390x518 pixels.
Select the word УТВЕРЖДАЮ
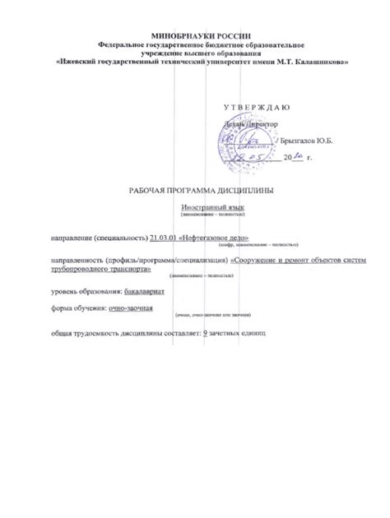pos(256,109)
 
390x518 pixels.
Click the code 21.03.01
pos(164,238)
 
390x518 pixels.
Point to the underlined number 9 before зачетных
pos(203,334)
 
